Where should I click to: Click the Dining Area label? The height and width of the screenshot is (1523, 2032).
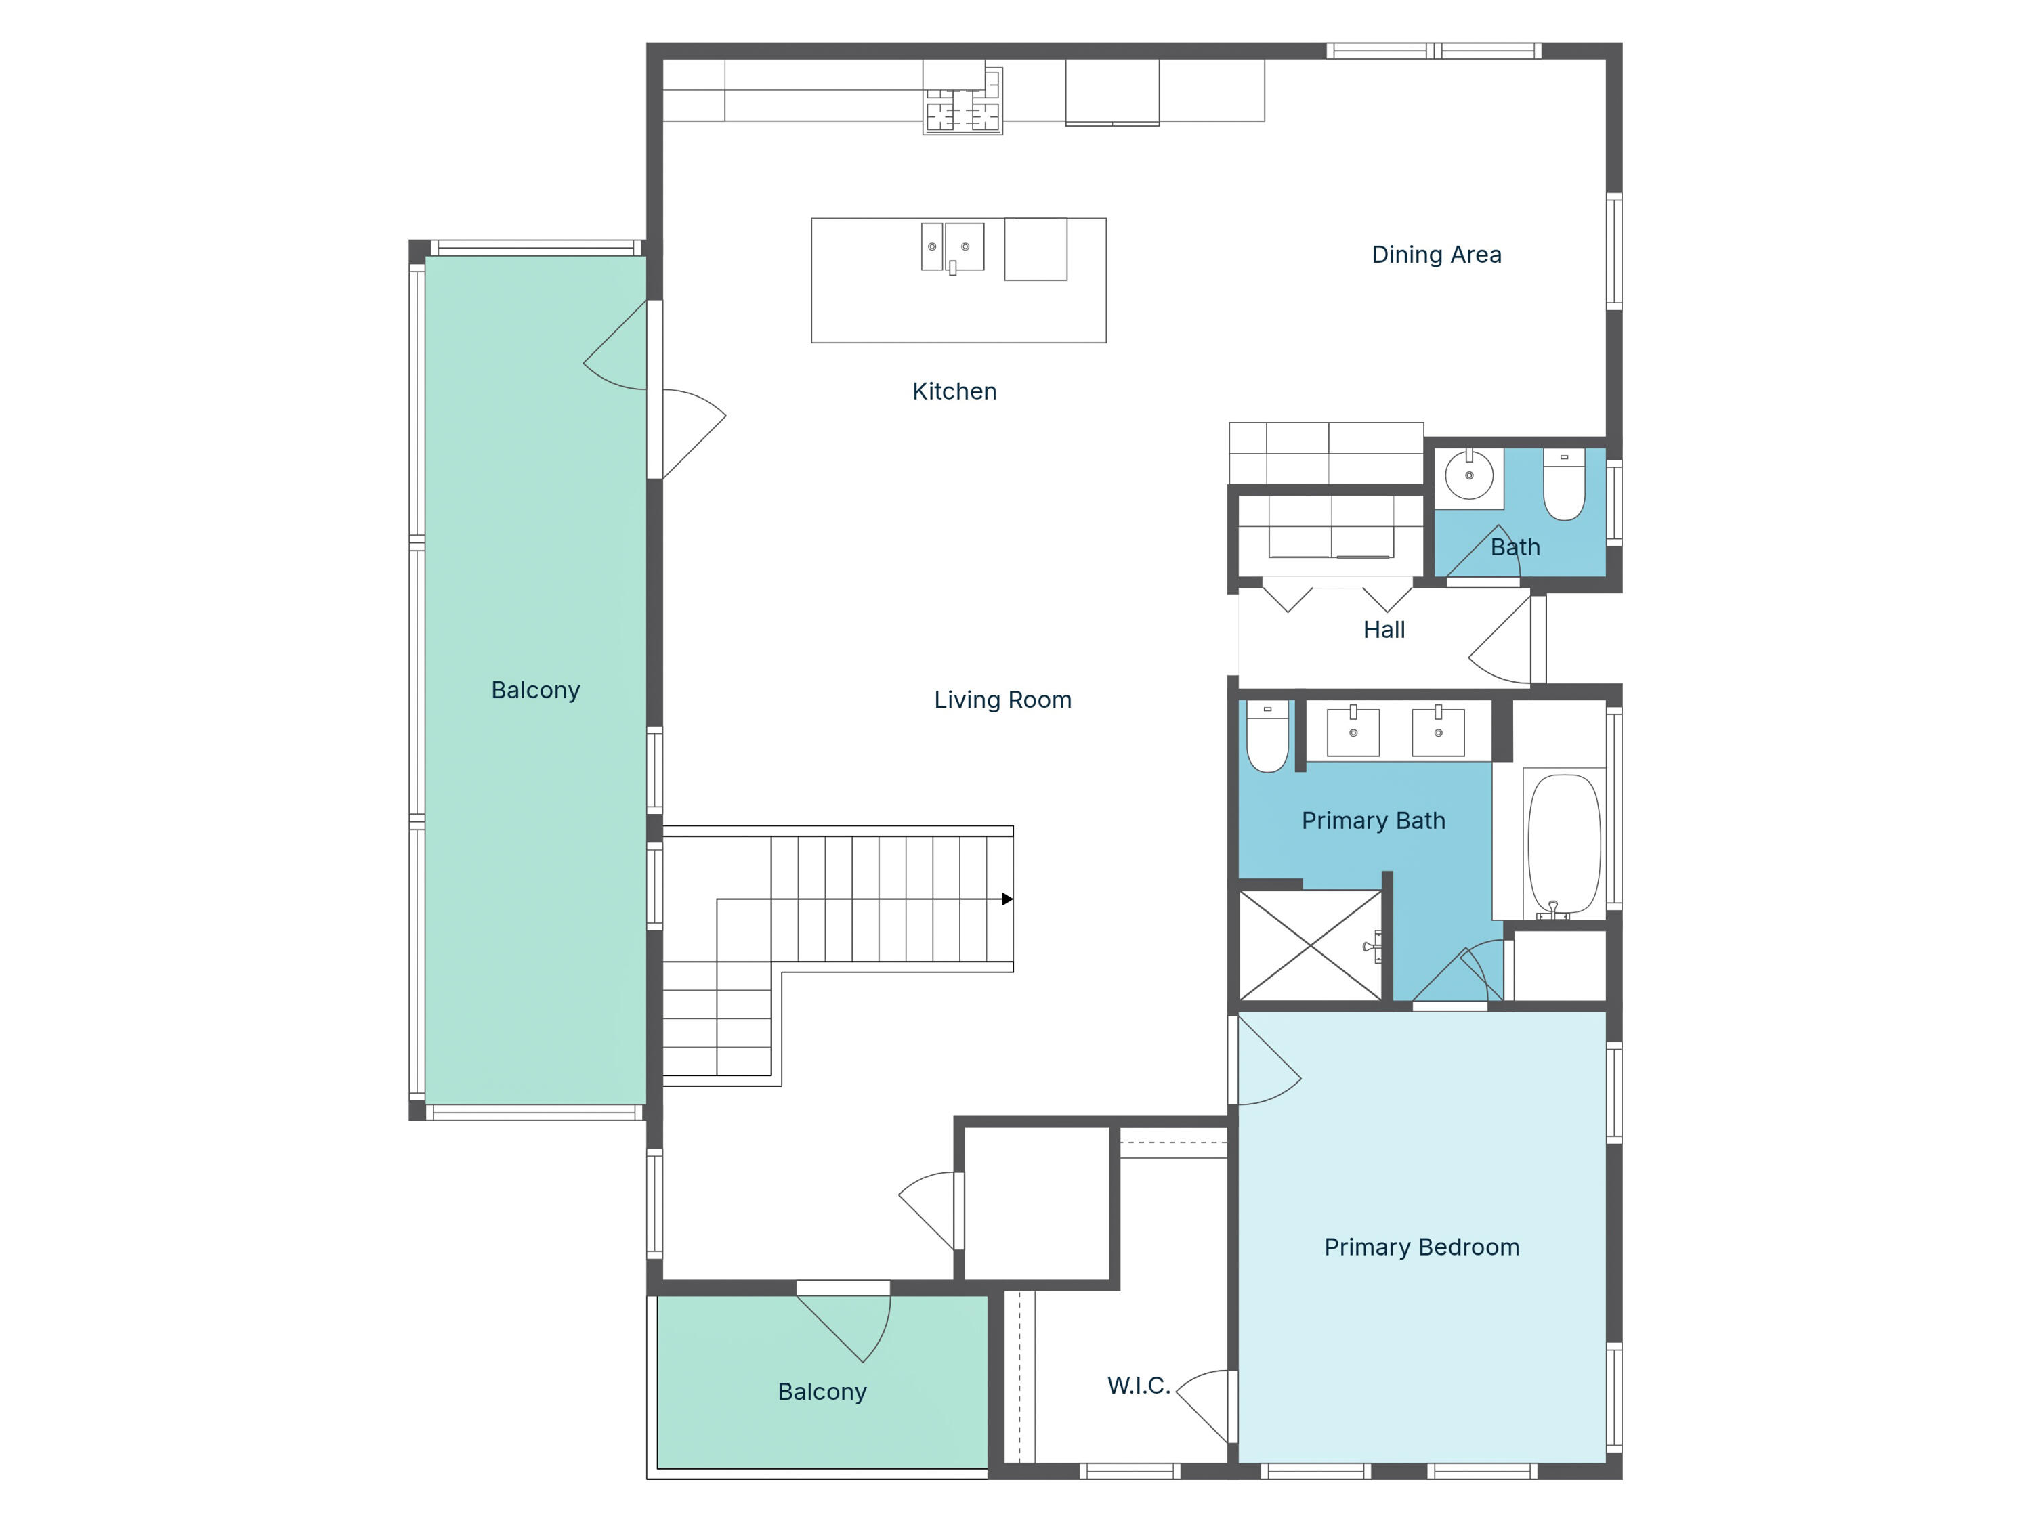[1436, 255]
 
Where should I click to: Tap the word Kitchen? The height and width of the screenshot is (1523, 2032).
[954, 391]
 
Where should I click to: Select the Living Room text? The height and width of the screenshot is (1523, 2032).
[1002, 700]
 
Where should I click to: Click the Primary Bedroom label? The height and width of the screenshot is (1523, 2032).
[1421, 1247]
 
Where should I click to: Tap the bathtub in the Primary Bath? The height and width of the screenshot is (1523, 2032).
[1563, 843]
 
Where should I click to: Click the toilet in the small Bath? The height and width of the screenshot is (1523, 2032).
[1563, 484]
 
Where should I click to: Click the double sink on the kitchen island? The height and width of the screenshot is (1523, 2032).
[952, 246]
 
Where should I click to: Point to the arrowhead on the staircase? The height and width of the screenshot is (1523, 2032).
[1007, 899]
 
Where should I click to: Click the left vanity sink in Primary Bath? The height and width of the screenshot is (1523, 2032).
[1353, 732]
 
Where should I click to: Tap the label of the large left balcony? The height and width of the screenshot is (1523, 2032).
[536, 690]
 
